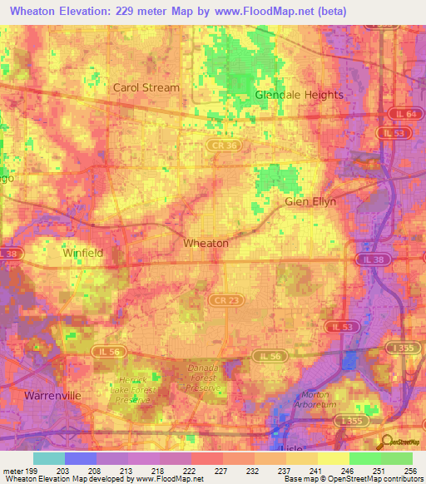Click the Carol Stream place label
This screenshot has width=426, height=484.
[146, 87]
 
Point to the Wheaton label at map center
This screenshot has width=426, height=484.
[206, 244]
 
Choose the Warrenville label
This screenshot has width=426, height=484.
[52, 396]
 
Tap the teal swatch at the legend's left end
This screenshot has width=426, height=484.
[48, 458]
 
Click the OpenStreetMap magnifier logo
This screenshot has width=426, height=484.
[388, 442]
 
